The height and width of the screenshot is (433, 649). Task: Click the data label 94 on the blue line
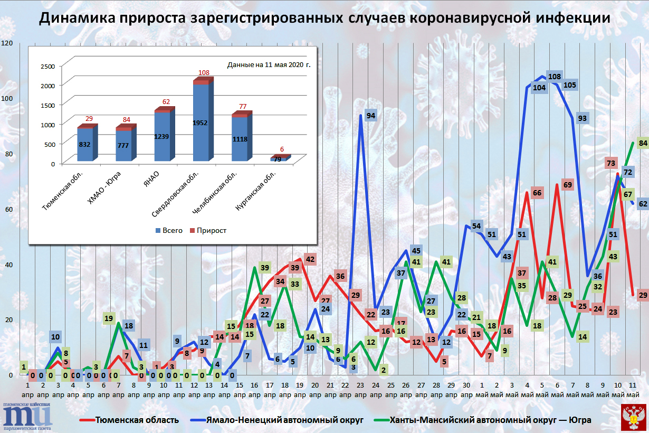371,116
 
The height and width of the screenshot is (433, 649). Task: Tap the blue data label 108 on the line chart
555,77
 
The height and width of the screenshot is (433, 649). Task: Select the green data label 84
643,143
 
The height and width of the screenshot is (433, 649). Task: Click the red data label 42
310,259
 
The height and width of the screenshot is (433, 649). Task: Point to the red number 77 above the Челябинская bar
243,107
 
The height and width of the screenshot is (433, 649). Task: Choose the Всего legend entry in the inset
169,230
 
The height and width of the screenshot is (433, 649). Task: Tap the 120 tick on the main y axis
7,43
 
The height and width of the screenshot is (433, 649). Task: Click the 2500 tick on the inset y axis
47,66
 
